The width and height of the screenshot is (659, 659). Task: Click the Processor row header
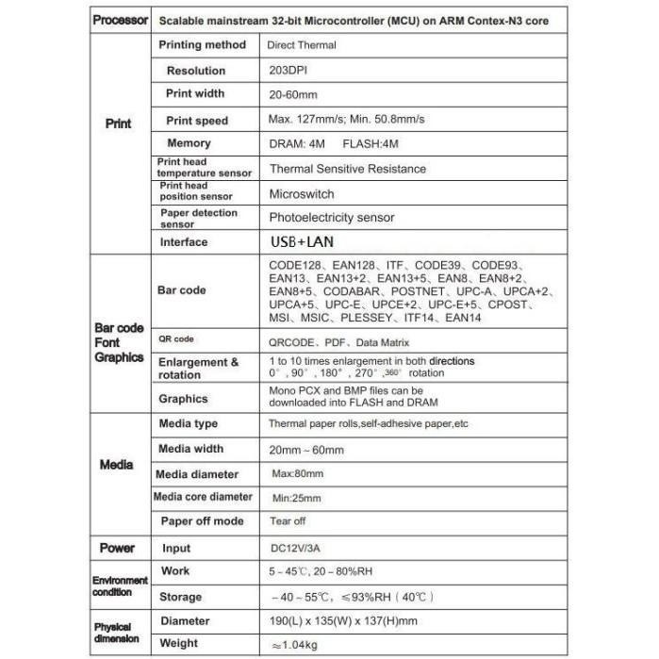click(x=119, y=21)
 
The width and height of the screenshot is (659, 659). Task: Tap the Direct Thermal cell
click(x=302, y=44)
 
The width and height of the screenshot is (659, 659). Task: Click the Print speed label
click(x=197, y=120)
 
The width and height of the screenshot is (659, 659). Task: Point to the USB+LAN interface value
click(x=302, y=242)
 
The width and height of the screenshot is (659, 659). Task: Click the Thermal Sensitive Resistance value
click(x=347, y=169)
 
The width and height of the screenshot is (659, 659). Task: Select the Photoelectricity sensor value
click(x=331, y=218)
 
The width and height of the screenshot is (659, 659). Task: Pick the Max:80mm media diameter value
click(x=297, y=473)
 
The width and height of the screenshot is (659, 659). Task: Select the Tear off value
click(x=287, y=521)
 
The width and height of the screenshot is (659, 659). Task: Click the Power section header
click(x=118, y=548)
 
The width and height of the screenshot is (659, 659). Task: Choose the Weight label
click(x=179, y=643)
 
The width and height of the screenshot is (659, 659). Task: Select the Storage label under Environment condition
click(x=180, y=596)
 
